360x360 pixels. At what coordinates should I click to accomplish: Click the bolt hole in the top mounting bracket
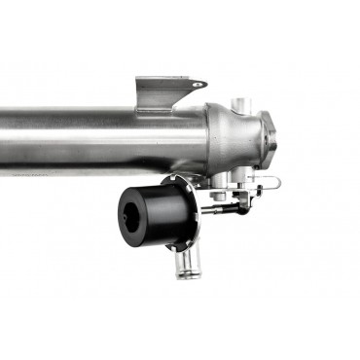click(x=198, y=86)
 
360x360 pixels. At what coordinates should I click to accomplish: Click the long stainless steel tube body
click(x=97, y=136)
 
